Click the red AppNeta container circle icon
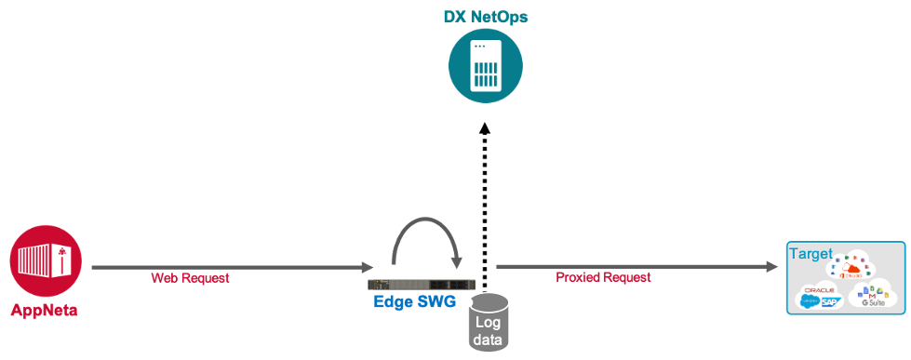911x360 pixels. [46, 262]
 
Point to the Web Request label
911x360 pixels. [190, 278]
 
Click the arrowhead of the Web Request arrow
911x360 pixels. [368, 267]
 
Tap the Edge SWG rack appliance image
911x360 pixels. [422, 283]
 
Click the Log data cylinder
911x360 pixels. [489, 323]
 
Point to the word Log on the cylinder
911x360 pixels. [489, 321]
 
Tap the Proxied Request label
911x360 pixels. [603, 277]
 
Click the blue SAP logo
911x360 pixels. [829, 301]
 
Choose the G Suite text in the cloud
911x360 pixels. [872, 303]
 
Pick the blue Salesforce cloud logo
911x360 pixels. [808, 301]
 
